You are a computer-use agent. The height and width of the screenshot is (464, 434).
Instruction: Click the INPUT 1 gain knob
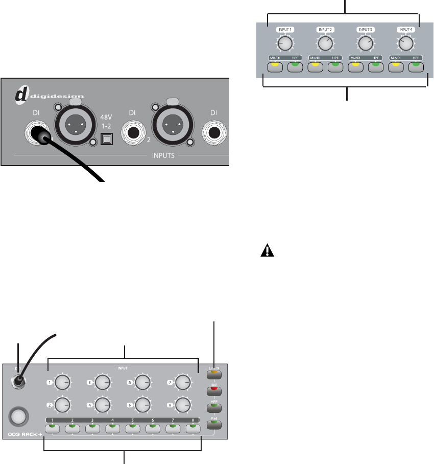[x=285, y=44]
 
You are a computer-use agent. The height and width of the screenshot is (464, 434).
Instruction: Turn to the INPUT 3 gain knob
[x=365, y=44]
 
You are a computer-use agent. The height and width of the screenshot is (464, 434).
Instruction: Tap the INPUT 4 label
[x=405, y=30]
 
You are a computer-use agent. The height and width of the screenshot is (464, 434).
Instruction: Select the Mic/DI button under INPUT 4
[x=397, y=67]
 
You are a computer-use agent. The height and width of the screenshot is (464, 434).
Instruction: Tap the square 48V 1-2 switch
[x=107, y=139]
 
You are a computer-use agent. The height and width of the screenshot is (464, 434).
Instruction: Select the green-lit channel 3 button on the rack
[x=92, y=428]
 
